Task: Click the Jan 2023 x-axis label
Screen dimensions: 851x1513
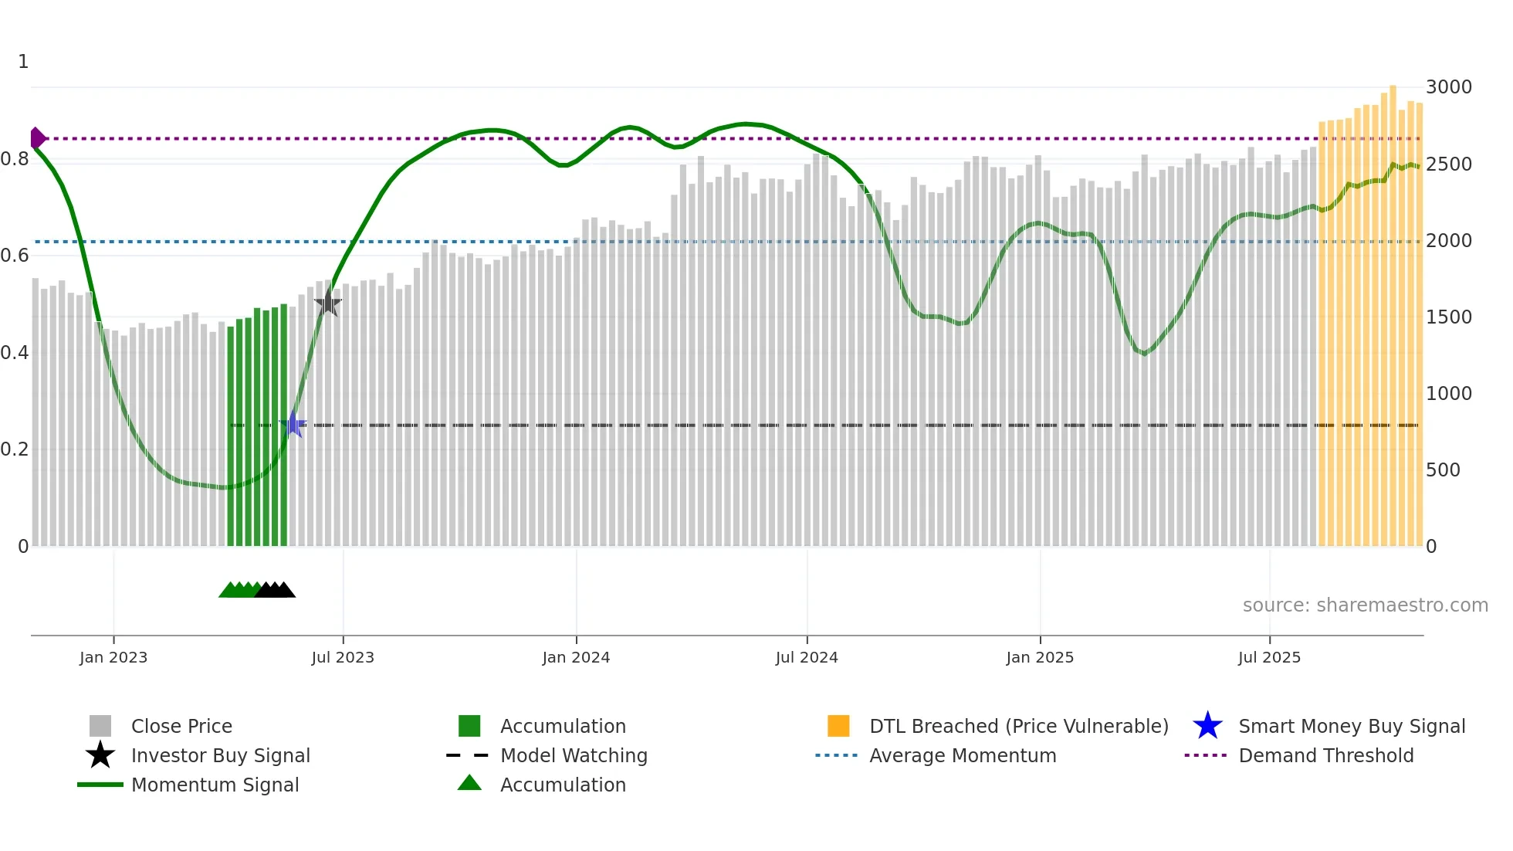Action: (113, 657)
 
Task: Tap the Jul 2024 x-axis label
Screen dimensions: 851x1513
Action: (807, 657)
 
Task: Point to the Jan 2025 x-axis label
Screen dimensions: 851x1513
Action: (1040, 657)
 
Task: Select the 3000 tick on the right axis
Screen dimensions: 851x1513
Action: (1448, 87)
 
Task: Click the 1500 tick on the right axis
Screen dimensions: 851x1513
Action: (1448, 317)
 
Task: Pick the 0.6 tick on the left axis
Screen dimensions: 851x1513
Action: (15, 256)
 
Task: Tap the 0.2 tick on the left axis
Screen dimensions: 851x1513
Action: (15, 449)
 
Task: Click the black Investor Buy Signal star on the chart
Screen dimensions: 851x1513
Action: (328, 303)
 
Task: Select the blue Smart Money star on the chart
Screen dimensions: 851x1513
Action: (293, 425)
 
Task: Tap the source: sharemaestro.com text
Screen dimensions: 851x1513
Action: (1365, 605)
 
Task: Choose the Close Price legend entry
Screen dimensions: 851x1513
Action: (181, 726)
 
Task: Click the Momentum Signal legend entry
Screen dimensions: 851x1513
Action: (215, 785)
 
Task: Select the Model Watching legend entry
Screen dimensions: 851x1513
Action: (574, 755)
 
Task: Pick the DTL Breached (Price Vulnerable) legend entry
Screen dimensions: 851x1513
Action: (1018, 726)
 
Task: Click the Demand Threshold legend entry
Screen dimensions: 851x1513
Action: (1325, 755)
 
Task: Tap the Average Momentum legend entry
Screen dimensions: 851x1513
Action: (963, 755)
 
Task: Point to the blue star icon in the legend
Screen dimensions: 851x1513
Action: (1207, 726)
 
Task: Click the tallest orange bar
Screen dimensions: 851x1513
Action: (1393, 309)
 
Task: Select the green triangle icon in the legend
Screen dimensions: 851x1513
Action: (469, 784)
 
